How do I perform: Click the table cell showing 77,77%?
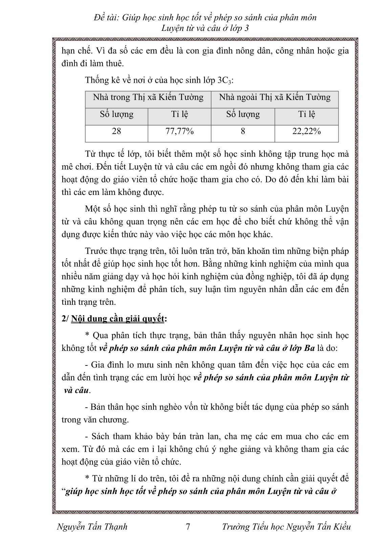point(179,132)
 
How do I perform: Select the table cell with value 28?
point(116,132)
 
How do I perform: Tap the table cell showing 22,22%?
point(306,132)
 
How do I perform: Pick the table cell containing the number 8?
point(243,132)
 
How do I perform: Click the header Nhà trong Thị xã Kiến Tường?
point(148,98)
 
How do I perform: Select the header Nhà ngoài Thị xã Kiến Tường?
point(275,98)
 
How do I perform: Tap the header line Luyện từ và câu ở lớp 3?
point(205,28)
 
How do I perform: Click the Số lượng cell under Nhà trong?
point(116,115)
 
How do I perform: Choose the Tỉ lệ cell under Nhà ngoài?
point(306,115)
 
